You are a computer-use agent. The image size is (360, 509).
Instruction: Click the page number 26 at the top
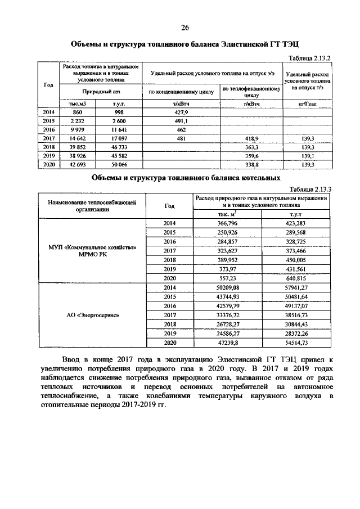184,28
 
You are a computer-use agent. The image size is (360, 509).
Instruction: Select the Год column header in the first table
48,84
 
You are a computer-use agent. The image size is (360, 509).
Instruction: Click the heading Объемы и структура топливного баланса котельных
186,178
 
